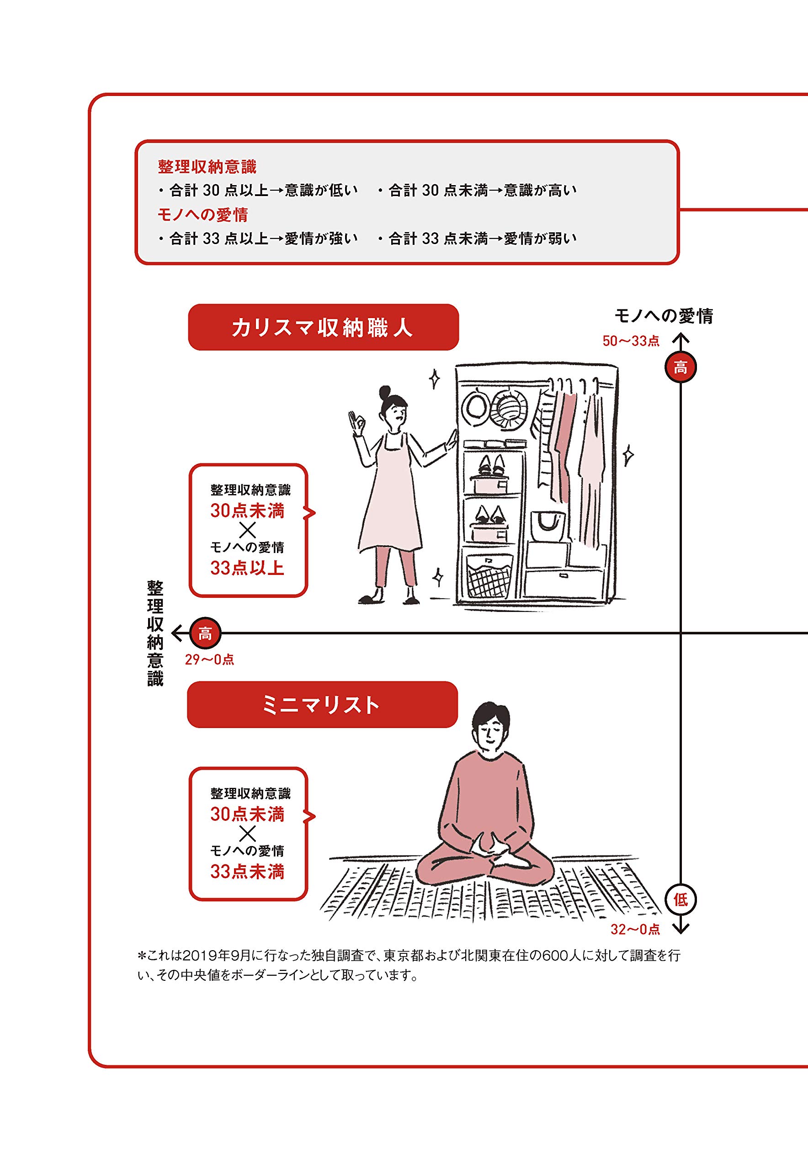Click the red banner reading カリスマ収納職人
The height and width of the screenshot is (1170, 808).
[x=323, y=327]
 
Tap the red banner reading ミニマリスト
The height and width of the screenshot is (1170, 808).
[x=323, y=705]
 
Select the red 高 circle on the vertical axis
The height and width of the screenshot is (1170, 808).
[x=680, y=367]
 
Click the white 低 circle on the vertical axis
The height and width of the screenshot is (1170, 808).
[x=680, y=899]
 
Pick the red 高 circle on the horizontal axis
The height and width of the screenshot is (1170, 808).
[x=205, y=633]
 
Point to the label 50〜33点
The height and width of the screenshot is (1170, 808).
[x=631, y=341]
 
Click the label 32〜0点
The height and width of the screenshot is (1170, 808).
[x=635, y=929]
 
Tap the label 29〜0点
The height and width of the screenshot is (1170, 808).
[x=210, y=659]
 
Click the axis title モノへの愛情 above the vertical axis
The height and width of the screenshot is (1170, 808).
[x=664, y=316]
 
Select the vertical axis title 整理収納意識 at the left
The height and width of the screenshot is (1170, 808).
[x=155, y=633]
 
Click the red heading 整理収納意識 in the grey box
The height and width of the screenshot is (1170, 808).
[x=207, y=166]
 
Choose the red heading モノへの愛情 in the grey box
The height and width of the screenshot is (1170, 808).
[x=202, y=215]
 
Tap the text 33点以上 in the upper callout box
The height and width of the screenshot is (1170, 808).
[x=247, y=568]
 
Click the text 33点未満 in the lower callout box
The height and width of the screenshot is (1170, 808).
[x=247, y=871]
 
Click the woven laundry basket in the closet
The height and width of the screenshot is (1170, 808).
[x=489, y=576]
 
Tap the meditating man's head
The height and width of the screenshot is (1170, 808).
[x=488, y=728]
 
